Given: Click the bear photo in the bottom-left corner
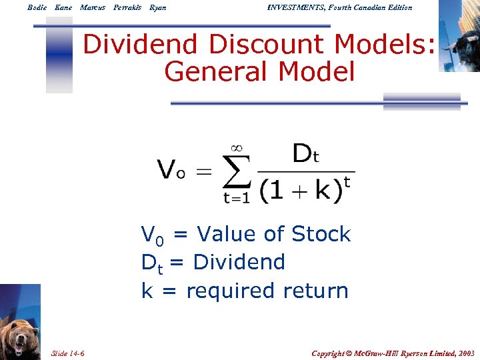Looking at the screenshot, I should [x=20, y=323].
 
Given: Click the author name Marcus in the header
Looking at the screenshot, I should [x=93, y=7].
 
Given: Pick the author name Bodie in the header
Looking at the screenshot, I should [x=37, y=7].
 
